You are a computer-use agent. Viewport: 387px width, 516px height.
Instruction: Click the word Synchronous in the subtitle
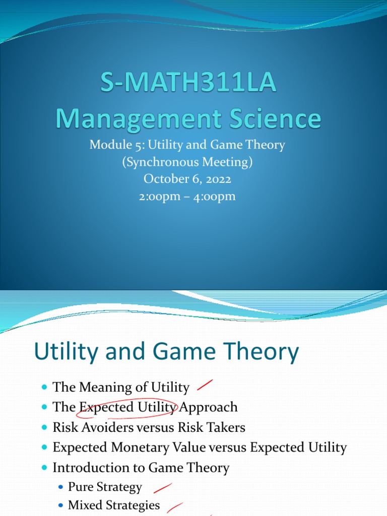[177, 162]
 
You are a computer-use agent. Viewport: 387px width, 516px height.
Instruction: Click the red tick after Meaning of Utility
[204, 386]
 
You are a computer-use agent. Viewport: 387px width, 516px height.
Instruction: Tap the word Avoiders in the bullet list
[108, 427]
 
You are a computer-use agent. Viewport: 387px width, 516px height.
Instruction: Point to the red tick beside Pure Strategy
[162, 487]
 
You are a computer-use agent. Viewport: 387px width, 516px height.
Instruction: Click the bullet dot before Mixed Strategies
[61, 505]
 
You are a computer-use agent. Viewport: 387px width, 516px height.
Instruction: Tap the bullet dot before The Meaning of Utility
[43, 388]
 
